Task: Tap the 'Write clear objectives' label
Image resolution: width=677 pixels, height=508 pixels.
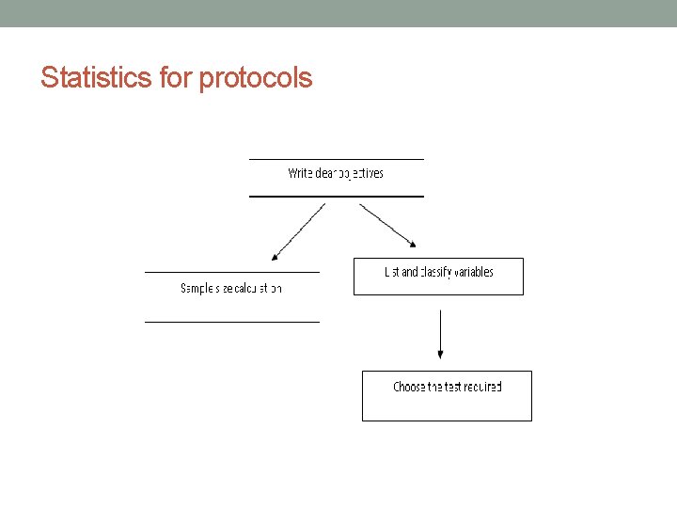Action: coord(336,173)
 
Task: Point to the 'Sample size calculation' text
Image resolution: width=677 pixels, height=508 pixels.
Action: coord(231,288)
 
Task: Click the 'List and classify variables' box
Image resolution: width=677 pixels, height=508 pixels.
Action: coord(438,277)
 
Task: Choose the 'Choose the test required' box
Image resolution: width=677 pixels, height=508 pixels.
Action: coord(447,395)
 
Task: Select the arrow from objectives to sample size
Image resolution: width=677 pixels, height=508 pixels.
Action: coord(298,231)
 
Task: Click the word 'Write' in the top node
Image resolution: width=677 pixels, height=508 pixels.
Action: coord(300,173)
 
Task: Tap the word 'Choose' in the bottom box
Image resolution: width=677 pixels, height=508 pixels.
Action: coord(409,387)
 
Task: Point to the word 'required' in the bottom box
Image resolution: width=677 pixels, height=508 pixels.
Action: coord(482,387)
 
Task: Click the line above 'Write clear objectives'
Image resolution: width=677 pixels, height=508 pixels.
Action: coord(336,159)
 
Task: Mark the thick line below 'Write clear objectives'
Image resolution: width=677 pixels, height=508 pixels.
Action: coord(336,196)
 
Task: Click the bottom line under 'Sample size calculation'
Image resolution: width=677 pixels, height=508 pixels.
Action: coord(231,322)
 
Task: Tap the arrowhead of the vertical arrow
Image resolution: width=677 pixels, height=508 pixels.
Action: coord(440,354)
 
